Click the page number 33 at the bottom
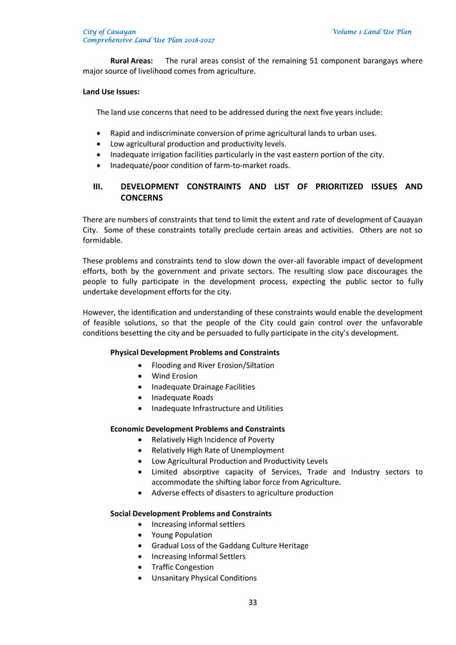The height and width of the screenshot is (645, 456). (252, 602)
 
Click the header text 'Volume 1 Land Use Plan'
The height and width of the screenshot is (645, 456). (372, 32)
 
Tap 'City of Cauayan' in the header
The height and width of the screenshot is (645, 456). (109, 32)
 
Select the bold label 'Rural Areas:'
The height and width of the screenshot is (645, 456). (132, 61)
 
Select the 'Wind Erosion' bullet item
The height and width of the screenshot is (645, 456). (174, 376)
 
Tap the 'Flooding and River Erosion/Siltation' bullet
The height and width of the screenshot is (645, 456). (212, 365)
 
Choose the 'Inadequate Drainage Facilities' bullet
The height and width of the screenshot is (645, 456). (203, 387)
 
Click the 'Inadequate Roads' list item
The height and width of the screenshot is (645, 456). (182, 398)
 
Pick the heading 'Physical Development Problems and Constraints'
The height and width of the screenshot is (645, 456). (194, 353)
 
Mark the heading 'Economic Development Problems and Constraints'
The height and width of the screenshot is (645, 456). (197, 429)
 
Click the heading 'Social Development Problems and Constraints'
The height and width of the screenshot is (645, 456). (191, 513)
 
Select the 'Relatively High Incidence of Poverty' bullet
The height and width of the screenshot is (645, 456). (212, 440)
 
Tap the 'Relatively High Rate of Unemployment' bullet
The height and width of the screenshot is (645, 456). (217, 450)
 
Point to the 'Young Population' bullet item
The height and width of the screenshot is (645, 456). (182, 535)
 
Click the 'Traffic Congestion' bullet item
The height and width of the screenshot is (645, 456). (182, 567)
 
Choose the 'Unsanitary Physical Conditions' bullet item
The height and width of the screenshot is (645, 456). (204, 578)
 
